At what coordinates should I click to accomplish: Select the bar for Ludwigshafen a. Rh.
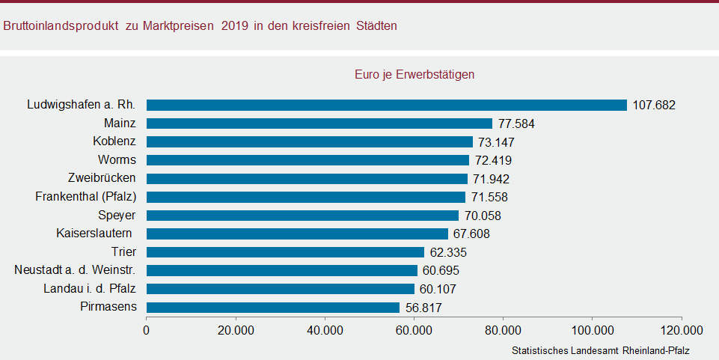(386, 105)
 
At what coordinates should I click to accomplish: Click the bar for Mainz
(319, 123)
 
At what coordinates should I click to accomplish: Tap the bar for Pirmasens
(273, 307)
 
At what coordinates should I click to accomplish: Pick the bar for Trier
(285, 252)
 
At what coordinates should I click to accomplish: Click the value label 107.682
(653, 106)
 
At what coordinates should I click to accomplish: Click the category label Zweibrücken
(101, 178)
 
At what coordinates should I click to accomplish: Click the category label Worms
(117, 159)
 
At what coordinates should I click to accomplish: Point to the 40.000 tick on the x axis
(325, 330)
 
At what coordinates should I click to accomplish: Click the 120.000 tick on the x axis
(681, 330)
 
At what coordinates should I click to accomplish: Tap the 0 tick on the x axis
(147, 330)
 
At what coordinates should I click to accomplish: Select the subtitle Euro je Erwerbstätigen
(414, 75)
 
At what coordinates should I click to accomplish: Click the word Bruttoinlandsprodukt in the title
(61, 25)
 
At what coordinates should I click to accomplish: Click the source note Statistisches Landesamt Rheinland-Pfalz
(600, 350)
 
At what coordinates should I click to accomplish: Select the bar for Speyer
(302, 216)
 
